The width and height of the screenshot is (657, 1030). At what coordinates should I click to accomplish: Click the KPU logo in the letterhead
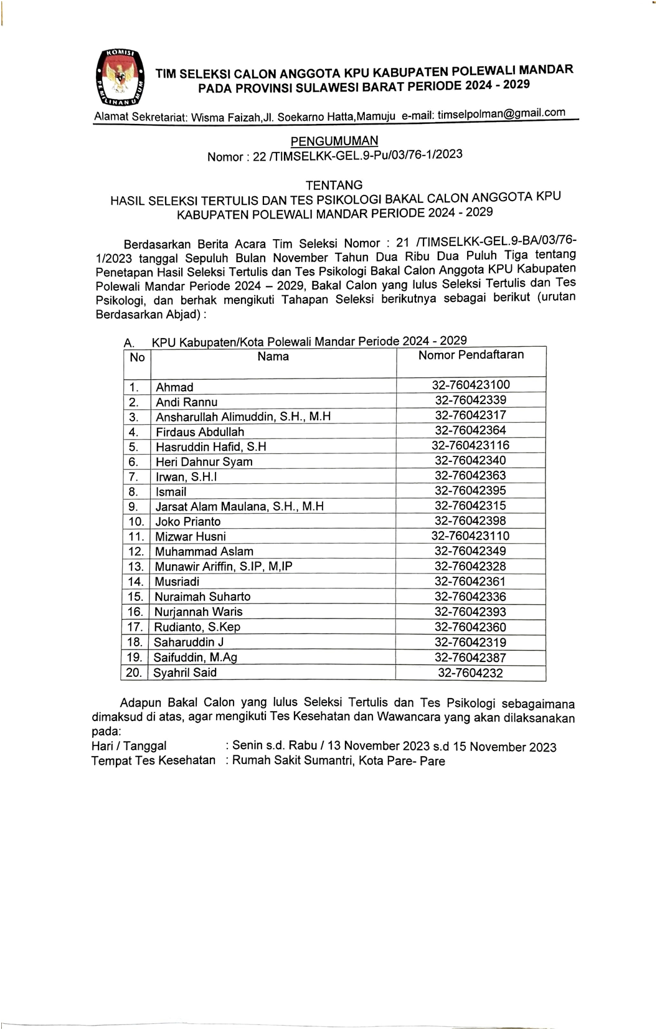(119, 77)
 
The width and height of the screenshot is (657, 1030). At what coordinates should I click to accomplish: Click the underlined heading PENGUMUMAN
(334, 141)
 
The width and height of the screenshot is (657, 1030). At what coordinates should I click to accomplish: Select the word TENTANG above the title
(334, 185)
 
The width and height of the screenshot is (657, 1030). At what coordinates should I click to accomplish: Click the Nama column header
(273, 357)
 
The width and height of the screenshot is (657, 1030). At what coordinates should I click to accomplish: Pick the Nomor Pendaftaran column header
(471, 355)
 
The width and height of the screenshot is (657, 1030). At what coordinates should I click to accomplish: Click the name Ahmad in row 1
(174, 387)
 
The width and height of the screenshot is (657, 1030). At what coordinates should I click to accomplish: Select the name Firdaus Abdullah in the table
(200, 432)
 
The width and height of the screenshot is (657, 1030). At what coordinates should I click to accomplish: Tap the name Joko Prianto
(187, 522)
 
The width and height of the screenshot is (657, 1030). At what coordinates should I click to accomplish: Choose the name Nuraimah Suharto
(202, 597)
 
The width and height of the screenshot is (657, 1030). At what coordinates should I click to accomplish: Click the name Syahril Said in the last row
(186, 673)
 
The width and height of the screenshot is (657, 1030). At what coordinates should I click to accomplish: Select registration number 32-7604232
(470, 673)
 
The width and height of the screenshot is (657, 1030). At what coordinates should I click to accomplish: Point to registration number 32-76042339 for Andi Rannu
(470, 400)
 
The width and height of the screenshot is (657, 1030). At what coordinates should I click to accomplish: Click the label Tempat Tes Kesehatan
(153, 760)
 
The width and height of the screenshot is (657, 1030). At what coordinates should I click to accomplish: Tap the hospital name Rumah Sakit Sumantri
(291, 761)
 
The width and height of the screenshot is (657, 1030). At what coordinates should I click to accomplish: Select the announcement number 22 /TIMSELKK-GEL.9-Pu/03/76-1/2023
(357, 156)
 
